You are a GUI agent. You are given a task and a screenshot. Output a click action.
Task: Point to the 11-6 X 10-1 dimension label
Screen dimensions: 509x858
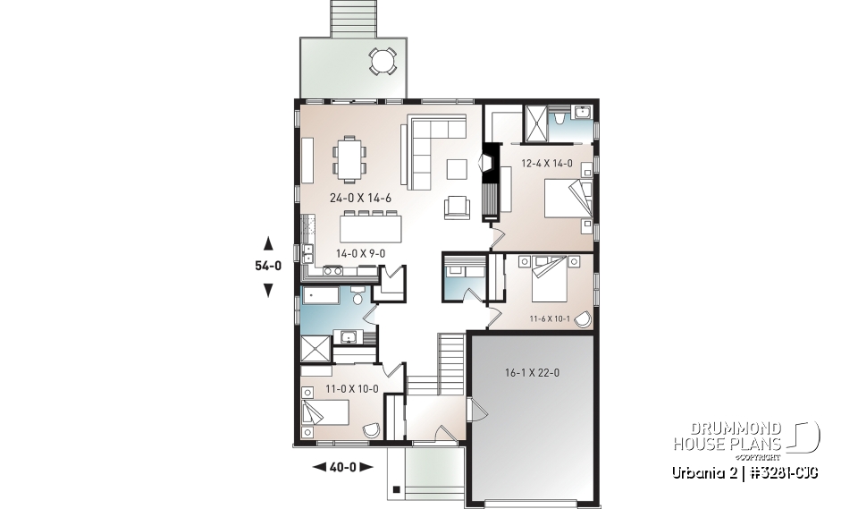[549, 318]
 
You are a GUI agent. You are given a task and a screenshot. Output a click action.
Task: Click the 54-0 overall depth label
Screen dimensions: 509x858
[268, 266]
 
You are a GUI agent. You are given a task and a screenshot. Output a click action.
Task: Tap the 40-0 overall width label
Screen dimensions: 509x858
[341, 466]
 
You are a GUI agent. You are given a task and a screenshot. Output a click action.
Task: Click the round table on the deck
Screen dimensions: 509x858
[383, 62]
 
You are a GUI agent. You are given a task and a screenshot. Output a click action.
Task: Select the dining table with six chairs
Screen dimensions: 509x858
[349, 157]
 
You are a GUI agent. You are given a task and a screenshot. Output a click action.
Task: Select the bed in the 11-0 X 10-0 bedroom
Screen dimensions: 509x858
[324, 413]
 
